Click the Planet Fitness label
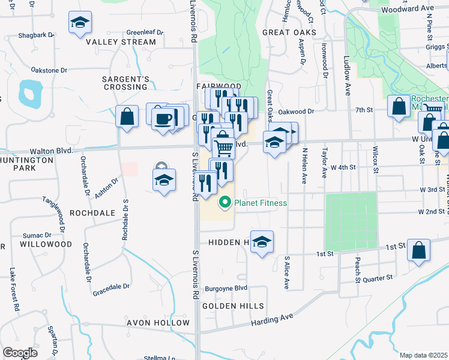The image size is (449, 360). point(261,203)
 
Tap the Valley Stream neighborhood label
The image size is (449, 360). point(121,42)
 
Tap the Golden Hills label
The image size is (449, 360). point(233,306)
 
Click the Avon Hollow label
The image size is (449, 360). point(158,322)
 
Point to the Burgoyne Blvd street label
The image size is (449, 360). point(226,288)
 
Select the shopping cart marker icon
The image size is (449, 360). point(223,147)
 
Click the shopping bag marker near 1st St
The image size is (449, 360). point(419,250)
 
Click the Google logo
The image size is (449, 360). point(20,352)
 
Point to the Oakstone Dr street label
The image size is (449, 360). point(49,71)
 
